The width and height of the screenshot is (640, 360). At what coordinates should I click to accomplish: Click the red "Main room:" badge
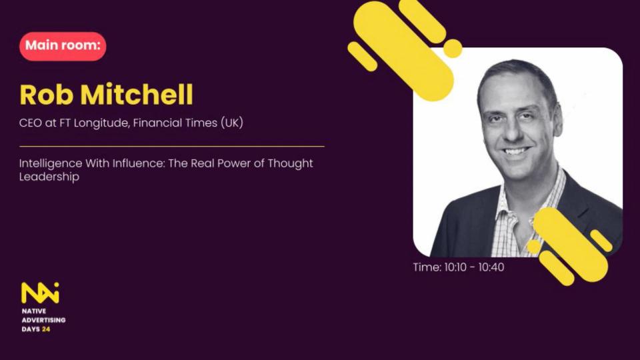(x=63, y=46)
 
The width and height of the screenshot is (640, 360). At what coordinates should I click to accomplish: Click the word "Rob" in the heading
(x=47, y=95)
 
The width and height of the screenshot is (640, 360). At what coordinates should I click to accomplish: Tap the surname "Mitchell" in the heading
(x=137, y=94)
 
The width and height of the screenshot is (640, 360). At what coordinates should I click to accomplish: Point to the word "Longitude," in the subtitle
(x=101, y=123)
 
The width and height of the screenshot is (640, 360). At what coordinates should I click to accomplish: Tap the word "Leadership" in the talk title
(x=49, y=177)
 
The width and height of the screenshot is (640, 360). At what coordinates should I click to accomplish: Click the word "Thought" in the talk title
(x=290, y=163)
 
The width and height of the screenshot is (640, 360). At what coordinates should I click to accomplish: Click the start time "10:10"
(x=455, y=267)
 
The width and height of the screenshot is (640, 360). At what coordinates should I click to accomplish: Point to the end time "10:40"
(x=491, y=267)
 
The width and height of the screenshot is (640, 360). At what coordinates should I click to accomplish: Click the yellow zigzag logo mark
(x=40, y=293)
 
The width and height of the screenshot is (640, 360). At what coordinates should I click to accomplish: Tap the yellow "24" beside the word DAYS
(x=46, y=329)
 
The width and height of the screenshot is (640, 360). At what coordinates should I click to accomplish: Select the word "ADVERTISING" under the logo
(x=44, y=320)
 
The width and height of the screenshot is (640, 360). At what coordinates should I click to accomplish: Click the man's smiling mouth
(x=515, y=152)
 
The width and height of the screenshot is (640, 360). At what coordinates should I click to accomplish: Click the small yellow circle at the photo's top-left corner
(x=452, y=48)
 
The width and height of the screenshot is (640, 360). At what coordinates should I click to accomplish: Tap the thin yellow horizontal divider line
(x=172, y=146)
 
